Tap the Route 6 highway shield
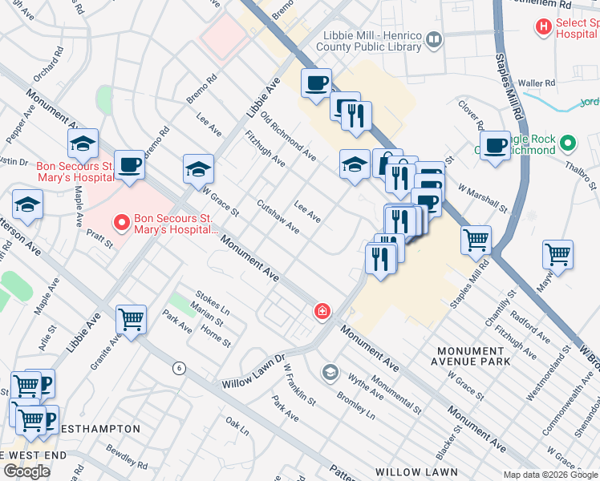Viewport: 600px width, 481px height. click(x=179, y=367)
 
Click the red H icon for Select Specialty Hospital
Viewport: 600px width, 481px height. click(x=544, y=26)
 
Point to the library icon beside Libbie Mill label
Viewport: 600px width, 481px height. click(x=434, y=38)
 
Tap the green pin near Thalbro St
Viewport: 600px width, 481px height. click(x=568, y=144)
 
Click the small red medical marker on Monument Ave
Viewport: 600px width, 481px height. click(x=322, y=310)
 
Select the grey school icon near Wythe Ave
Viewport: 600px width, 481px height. click(x=330, y=372)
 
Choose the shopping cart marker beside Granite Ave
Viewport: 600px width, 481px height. click(x=131, y=318)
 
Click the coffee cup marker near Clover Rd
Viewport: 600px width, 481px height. click(x=496, y=146)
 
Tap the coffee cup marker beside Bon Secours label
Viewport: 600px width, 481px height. click(x=130, y=165)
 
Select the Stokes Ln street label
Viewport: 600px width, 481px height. click(x=212, y=298)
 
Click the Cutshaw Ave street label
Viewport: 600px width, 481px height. click(x=278, y=217)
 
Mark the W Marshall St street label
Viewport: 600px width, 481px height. click(x=483, y=199)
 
